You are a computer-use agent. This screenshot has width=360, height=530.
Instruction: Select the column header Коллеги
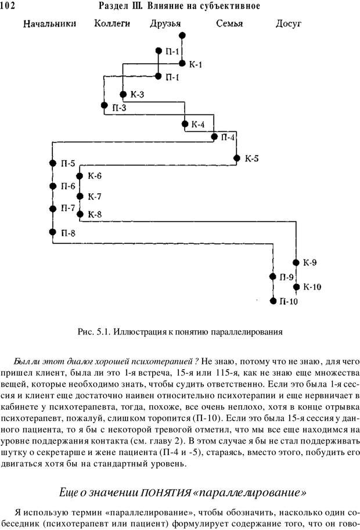(112, 24)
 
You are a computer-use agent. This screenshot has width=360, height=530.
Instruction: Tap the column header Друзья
(165, 24)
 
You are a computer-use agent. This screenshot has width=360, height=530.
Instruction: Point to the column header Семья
(229, 24)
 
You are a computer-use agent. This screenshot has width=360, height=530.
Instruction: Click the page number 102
(12, 6)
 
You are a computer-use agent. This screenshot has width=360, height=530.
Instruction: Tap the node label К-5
(252, 158)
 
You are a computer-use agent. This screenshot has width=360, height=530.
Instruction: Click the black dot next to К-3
(123, 94)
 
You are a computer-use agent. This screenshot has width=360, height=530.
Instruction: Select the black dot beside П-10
(273, 301)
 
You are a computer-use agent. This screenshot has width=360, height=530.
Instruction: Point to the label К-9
(309, 262)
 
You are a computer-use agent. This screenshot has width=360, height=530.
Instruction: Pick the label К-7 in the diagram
(95, 196)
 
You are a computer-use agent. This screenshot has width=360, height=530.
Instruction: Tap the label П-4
(228, 138)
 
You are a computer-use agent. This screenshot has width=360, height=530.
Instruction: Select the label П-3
(119, 107)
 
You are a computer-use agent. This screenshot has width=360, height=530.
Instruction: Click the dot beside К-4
(185, 124)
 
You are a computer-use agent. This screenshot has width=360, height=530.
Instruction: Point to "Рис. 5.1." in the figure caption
(93, 333)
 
